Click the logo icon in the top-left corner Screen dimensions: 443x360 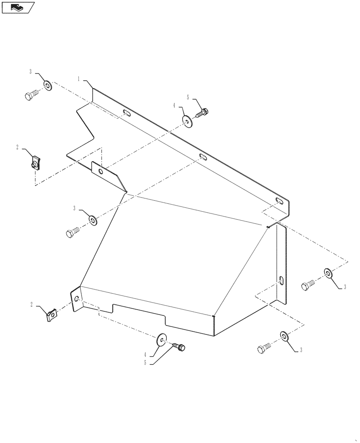[18, 8]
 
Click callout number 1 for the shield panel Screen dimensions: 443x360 [79, 79]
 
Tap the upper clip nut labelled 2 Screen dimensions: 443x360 [35, 162]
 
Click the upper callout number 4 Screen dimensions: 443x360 [174, 106]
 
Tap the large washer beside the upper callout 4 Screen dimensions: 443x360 [187, 120]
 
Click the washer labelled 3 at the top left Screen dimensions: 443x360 [47, 85]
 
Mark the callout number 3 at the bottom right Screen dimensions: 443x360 [301, 350]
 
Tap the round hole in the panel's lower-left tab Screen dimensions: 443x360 [77, 299]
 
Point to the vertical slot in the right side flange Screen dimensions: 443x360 [281, 281]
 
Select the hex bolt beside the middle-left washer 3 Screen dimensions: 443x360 [73, 232]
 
